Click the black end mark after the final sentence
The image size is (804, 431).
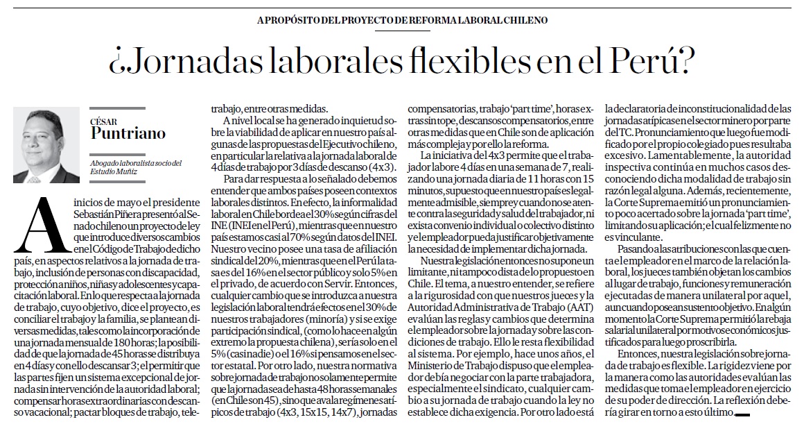click(x=742, y=414)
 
